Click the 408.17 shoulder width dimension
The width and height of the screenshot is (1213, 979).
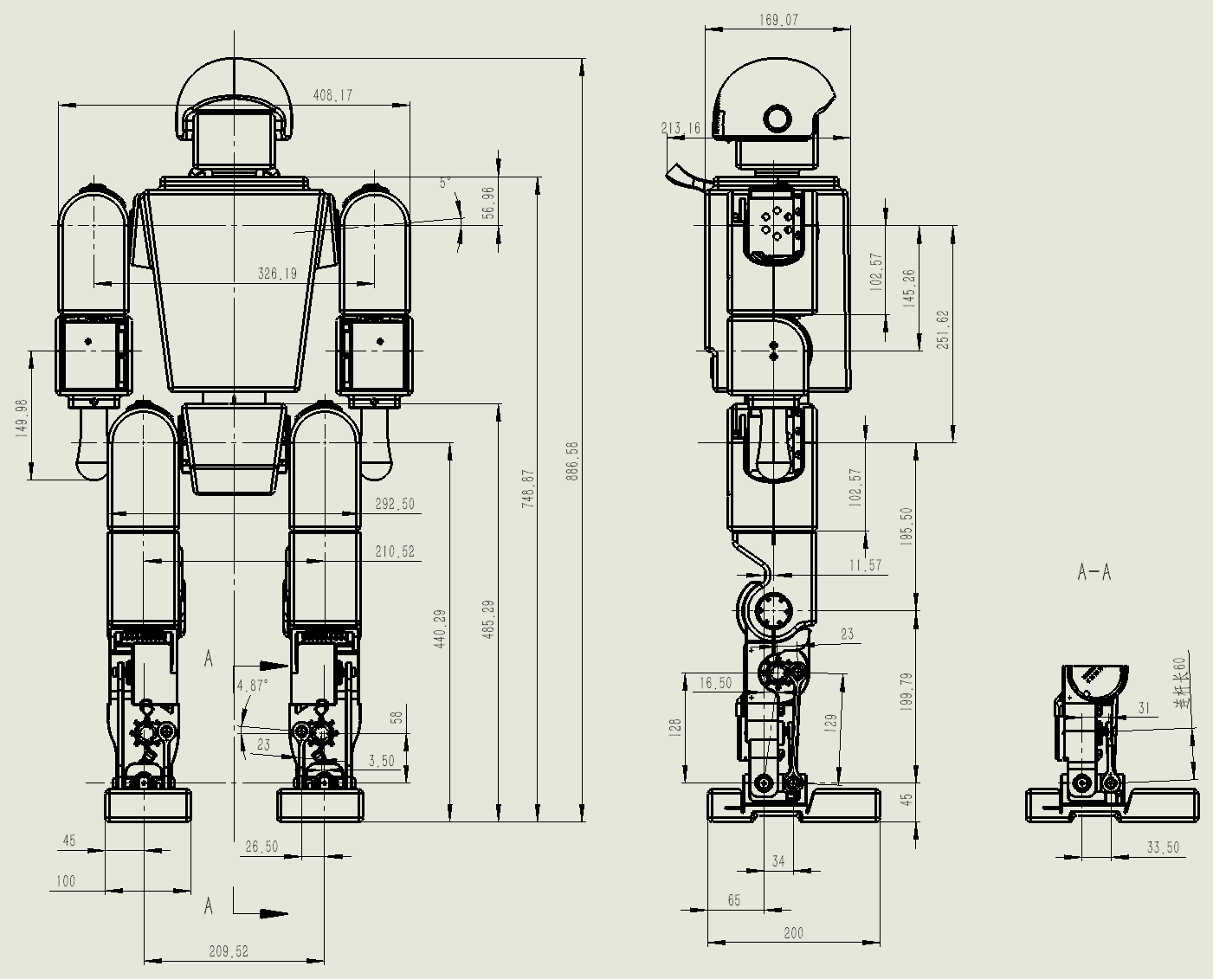point(332,95)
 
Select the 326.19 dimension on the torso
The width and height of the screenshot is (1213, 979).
point(277,274)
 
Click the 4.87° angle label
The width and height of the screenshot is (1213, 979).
point(252,685)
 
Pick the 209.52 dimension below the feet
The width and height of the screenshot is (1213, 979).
point(229,950)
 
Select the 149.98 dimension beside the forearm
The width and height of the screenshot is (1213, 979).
point(22,417)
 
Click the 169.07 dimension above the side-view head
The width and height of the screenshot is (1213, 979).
point(778,19)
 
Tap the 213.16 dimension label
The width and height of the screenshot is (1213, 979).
point(681,128)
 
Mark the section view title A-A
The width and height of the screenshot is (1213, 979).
point(1094,571)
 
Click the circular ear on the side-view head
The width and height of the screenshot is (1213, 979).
point(777,119)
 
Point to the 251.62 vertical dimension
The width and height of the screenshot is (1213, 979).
point(943,329)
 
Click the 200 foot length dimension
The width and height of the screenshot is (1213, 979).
point(792,932)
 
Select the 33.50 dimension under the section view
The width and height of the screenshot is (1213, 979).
point(1163,847)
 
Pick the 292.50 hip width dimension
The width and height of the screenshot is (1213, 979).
point(395,504)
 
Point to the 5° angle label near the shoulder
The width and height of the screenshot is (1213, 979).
point(445,183)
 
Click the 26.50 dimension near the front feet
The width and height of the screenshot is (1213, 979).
point(261,846)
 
